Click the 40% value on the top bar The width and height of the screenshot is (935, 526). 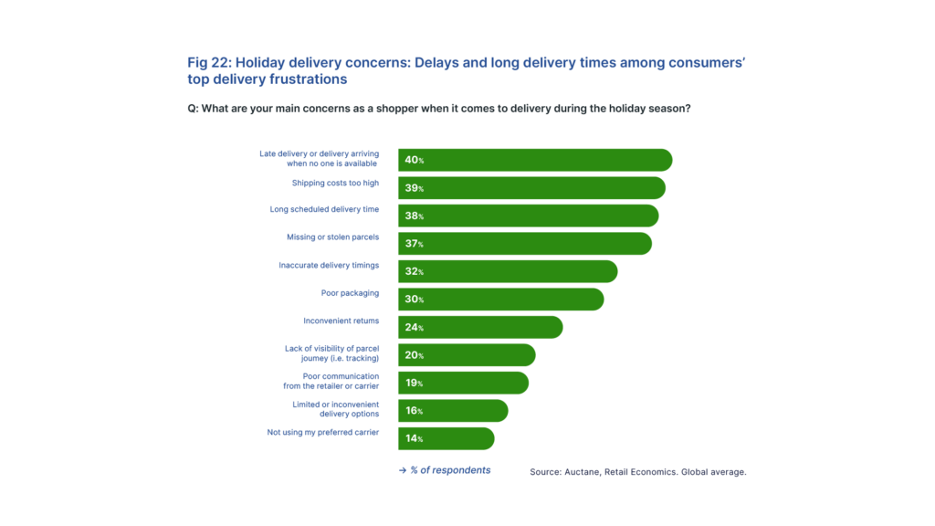pyautogui.click(x=414, y=160)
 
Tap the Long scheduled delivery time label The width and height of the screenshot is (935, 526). pyautogui.click(x=323, y=209)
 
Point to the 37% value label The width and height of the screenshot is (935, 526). pyautogui.click(x=414, y=244)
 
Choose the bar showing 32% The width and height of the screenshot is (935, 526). pyautogui.click(x=508, y=271)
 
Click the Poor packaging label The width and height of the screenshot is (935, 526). pyautogui.click(x=350, y=293)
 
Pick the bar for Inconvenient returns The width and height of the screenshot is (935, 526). pyautogui.click(x=480, y=327)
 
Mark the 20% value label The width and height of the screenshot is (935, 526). pyautogui.click(x=414, y=355)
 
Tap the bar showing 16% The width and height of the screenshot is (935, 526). pyautogui.click(x=453, y=411)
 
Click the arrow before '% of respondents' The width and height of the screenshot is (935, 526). pyautogui.click(x=402, y=470)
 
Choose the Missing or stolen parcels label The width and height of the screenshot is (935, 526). pyautogui.click(x=332, y=237)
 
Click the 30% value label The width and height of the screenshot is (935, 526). pyautogui.click(x=414, y=300)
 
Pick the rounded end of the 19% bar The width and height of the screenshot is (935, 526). pyautogui.click(x=523, y=383)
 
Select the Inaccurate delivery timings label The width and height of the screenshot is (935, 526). pyautogui.click(x=328, y=266)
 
